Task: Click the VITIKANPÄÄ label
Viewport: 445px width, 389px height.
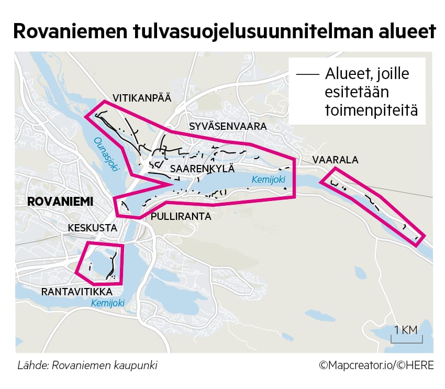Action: pos(142,97)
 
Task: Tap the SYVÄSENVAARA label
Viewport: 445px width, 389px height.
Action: pos(228,127)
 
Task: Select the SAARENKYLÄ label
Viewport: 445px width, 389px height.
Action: pos(202,169)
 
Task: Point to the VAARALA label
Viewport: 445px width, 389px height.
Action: pos(335,160)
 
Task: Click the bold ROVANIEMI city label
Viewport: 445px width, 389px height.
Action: pos(60,202)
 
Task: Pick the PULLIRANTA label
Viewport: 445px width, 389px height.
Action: pos(181,216)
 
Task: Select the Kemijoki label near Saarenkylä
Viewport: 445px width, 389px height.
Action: pos(269,180)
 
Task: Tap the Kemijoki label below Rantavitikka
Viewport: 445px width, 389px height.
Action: pos(108,303)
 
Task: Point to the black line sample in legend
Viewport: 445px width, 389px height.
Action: pos(307,75)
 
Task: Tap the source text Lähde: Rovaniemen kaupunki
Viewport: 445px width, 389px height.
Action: pos(87,365)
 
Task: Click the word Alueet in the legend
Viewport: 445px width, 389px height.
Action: pos(348,74)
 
